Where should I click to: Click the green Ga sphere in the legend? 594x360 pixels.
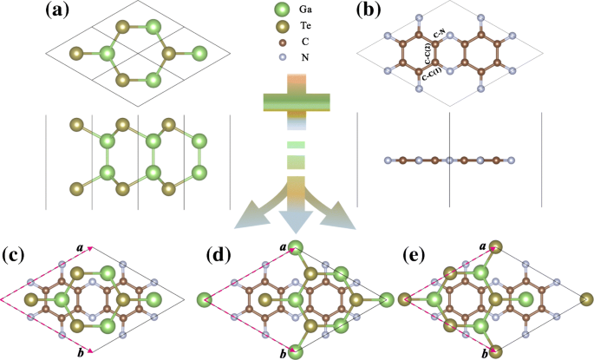278,11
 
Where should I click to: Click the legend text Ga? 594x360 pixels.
304,11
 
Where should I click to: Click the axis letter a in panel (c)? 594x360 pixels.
80,248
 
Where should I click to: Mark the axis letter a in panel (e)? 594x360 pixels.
481,248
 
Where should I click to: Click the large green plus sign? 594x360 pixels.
296,99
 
